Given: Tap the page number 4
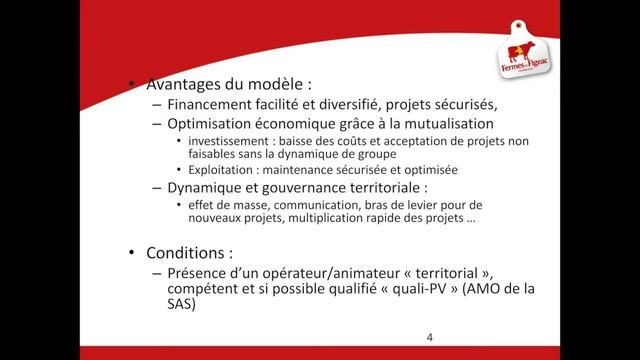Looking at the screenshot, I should tap(429, 337).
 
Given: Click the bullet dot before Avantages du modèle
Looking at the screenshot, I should tap(134, 85).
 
